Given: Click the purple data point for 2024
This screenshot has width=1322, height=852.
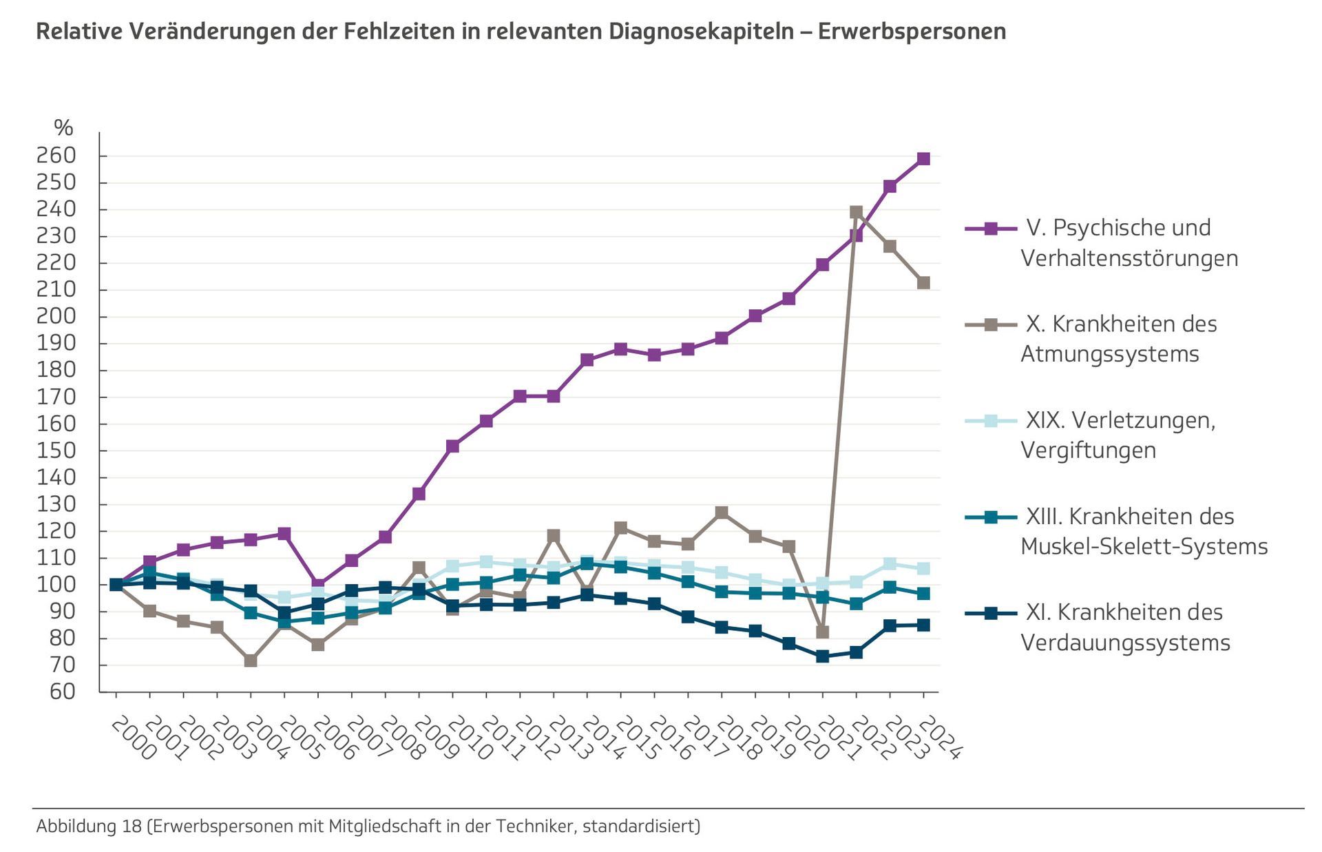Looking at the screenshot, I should (x=923, y=159).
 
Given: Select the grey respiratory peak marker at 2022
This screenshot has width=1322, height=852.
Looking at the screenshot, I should (x=856, y=212).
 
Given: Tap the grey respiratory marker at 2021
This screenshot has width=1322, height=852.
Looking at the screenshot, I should (x=822, y=632).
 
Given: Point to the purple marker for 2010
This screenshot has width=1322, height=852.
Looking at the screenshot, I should (x=452, y=446).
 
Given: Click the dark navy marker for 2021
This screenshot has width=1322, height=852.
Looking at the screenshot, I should (x=822, y=656).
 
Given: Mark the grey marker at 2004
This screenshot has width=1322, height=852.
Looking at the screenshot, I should (x=251, y=661).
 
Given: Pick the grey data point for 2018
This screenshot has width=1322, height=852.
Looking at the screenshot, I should (x=722, y=512).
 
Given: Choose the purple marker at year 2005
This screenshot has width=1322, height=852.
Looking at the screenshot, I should (x=284, y=534).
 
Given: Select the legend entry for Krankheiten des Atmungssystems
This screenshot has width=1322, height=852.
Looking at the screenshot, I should (x=1119, y=338).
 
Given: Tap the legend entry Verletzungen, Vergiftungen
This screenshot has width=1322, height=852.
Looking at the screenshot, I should (x=1119, y=435).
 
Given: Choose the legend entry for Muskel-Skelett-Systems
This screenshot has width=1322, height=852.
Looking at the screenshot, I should (x=1143, y=531).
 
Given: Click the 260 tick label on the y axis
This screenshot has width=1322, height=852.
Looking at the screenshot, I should (x=56, y=156).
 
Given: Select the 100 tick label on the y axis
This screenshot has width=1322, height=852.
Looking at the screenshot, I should (x=56, y=585).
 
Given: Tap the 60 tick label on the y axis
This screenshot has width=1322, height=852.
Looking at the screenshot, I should (x=63, y=692).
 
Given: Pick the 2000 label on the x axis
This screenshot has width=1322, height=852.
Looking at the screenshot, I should (x=133, y=738).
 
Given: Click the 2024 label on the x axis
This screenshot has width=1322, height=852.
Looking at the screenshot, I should (x=940, y=738).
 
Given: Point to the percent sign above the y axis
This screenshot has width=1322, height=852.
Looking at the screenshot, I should (x=63, y=127).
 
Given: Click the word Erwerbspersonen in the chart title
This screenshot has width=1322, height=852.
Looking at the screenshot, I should (x=912, y=32).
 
